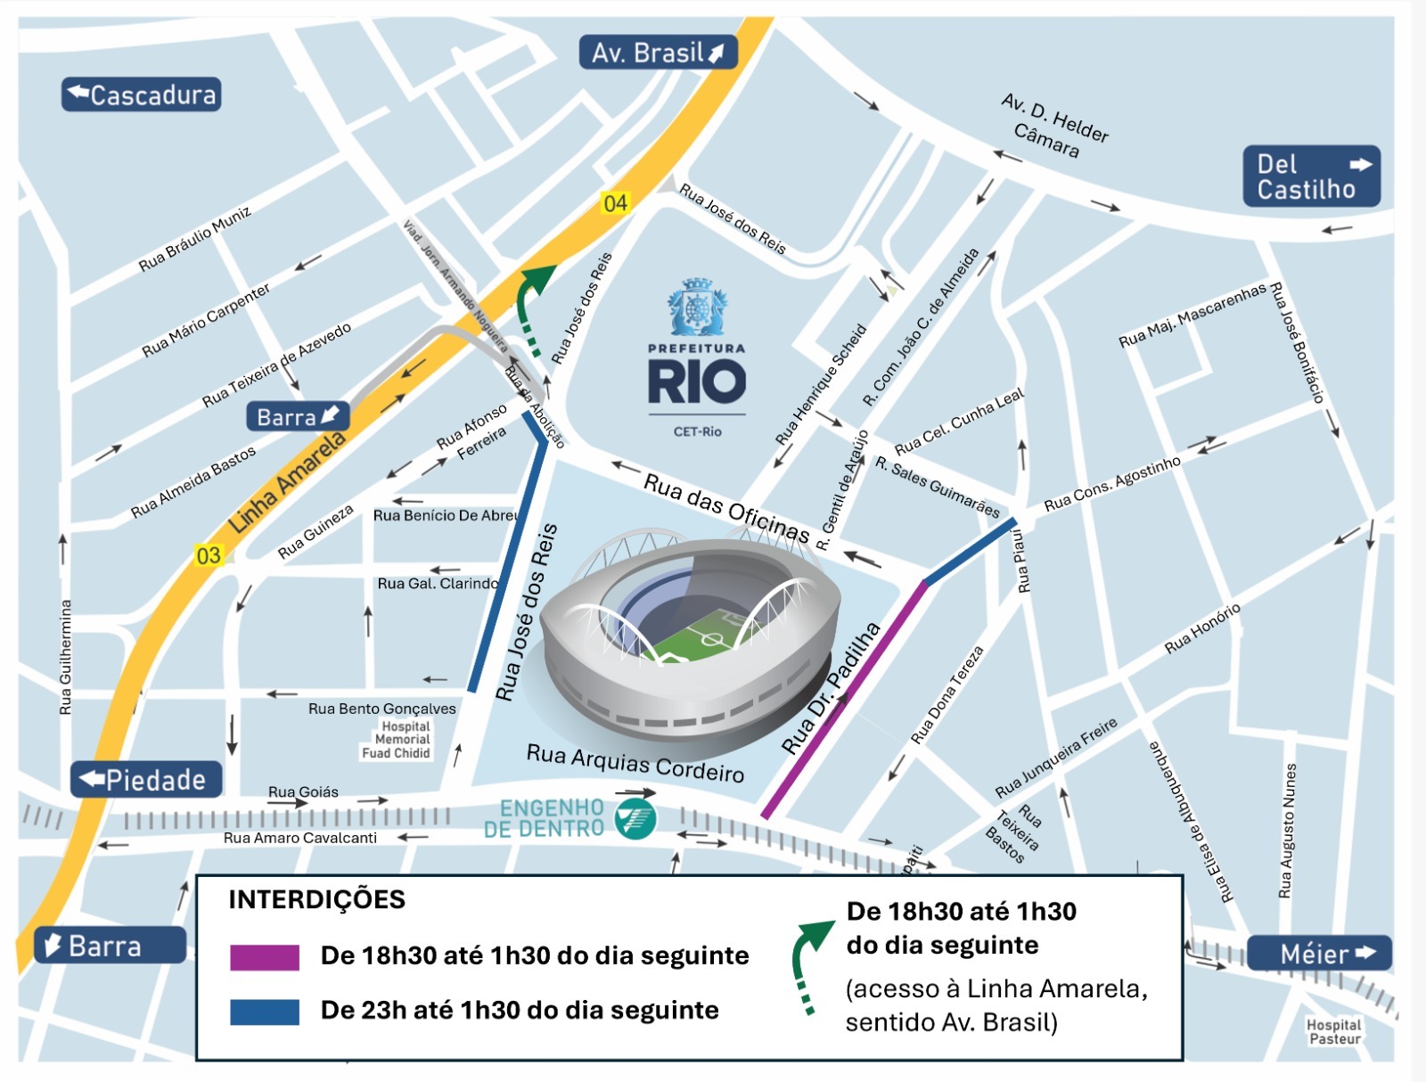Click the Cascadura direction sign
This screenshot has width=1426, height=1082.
[141, 94]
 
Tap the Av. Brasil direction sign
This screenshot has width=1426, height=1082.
[658, 53]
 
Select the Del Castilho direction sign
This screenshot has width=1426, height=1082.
[1311, 176]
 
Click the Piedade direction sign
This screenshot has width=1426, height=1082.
[146, 780]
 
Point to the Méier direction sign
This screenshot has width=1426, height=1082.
[1318, 954]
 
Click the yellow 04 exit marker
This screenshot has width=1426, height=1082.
[615, 203]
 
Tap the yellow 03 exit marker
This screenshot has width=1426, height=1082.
[208, 556]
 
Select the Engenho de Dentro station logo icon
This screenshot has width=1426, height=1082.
[635, 818]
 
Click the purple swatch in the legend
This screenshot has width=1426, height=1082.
[265, 957]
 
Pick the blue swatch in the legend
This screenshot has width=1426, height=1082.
[265, 1012]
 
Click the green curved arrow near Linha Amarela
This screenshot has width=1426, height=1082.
[533, 303]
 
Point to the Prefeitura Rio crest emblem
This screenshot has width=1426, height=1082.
[697, 307]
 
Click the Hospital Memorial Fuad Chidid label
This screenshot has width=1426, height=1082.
[399, 740]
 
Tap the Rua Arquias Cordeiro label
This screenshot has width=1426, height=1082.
[635, 762]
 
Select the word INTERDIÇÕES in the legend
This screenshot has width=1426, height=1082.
[316, 899]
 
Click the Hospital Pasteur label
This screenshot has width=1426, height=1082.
[1333, 1032]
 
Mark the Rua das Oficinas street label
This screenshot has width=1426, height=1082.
[725, 509]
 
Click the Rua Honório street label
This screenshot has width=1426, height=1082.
[1202, 629]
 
